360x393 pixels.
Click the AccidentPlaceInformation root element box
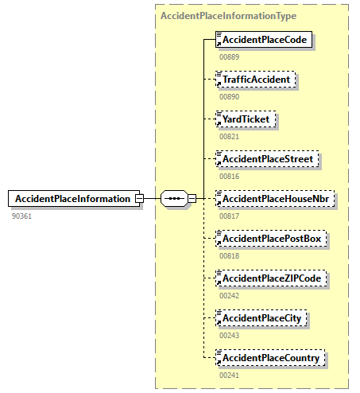tap(72, 198)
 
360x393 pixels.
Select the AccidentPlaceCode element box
tap(264, 39)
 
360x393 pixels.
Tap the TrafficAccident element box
tap(255, 79)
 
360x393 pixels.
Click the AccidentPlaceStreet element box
tap(269, 158)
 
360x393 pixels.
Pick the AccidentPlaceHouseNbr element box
tap(275, 198)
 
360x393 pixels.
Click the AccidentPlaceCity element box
tap(263, 318)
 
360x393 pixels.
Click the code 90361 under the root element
tap(21, 216)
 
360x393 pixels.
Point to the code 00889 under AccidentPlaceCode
tap(229, 56)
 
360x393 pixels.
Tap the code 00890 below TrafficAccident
tap(229, 96)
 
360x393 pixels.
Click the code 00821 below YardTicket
tap(229, 136)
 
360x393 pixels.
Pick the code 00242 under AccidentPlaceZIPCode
tap(229, 295)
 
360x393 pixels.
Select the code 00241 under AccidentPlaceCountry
tap(229, 375)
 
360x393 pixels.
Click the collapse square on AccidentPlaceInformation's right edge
tap(138, 198)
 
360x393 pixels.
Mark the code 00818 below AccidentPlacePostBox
tap(229, 255)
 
